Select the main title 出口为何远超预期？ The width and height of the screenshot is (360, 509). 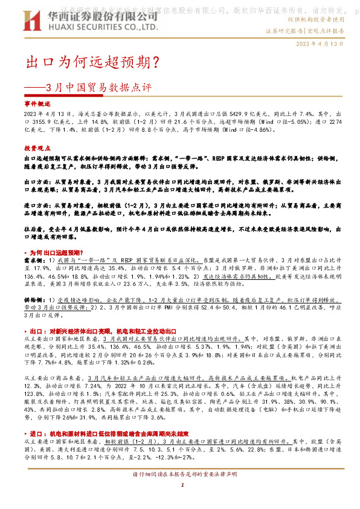pyautogui.click(x=91, y=62)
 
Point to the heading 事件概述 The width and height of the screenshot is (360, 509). pyautogui.click(x=36, y=105)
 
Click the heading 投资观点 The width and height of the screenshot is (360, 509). pyautogui.click(x=36, y=148)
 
